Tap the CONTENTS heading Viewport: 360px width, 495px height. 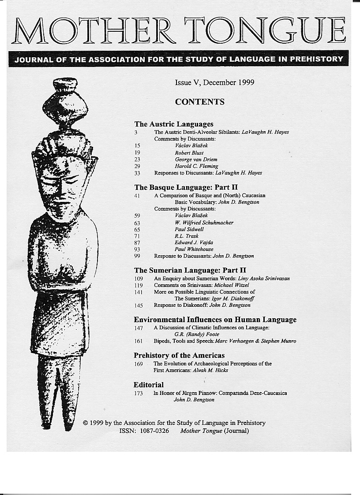(199, 102)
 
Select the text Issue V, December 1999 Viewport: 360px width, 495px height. (214, 82)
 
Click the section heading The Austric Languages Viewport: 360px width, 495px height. (173, 124)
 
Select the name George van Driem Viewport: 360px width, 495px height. (196, 160)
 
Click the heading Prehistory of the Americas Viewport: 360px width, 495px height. (179, 355)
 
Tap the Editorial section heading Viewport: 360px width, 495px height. (149, 385)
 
